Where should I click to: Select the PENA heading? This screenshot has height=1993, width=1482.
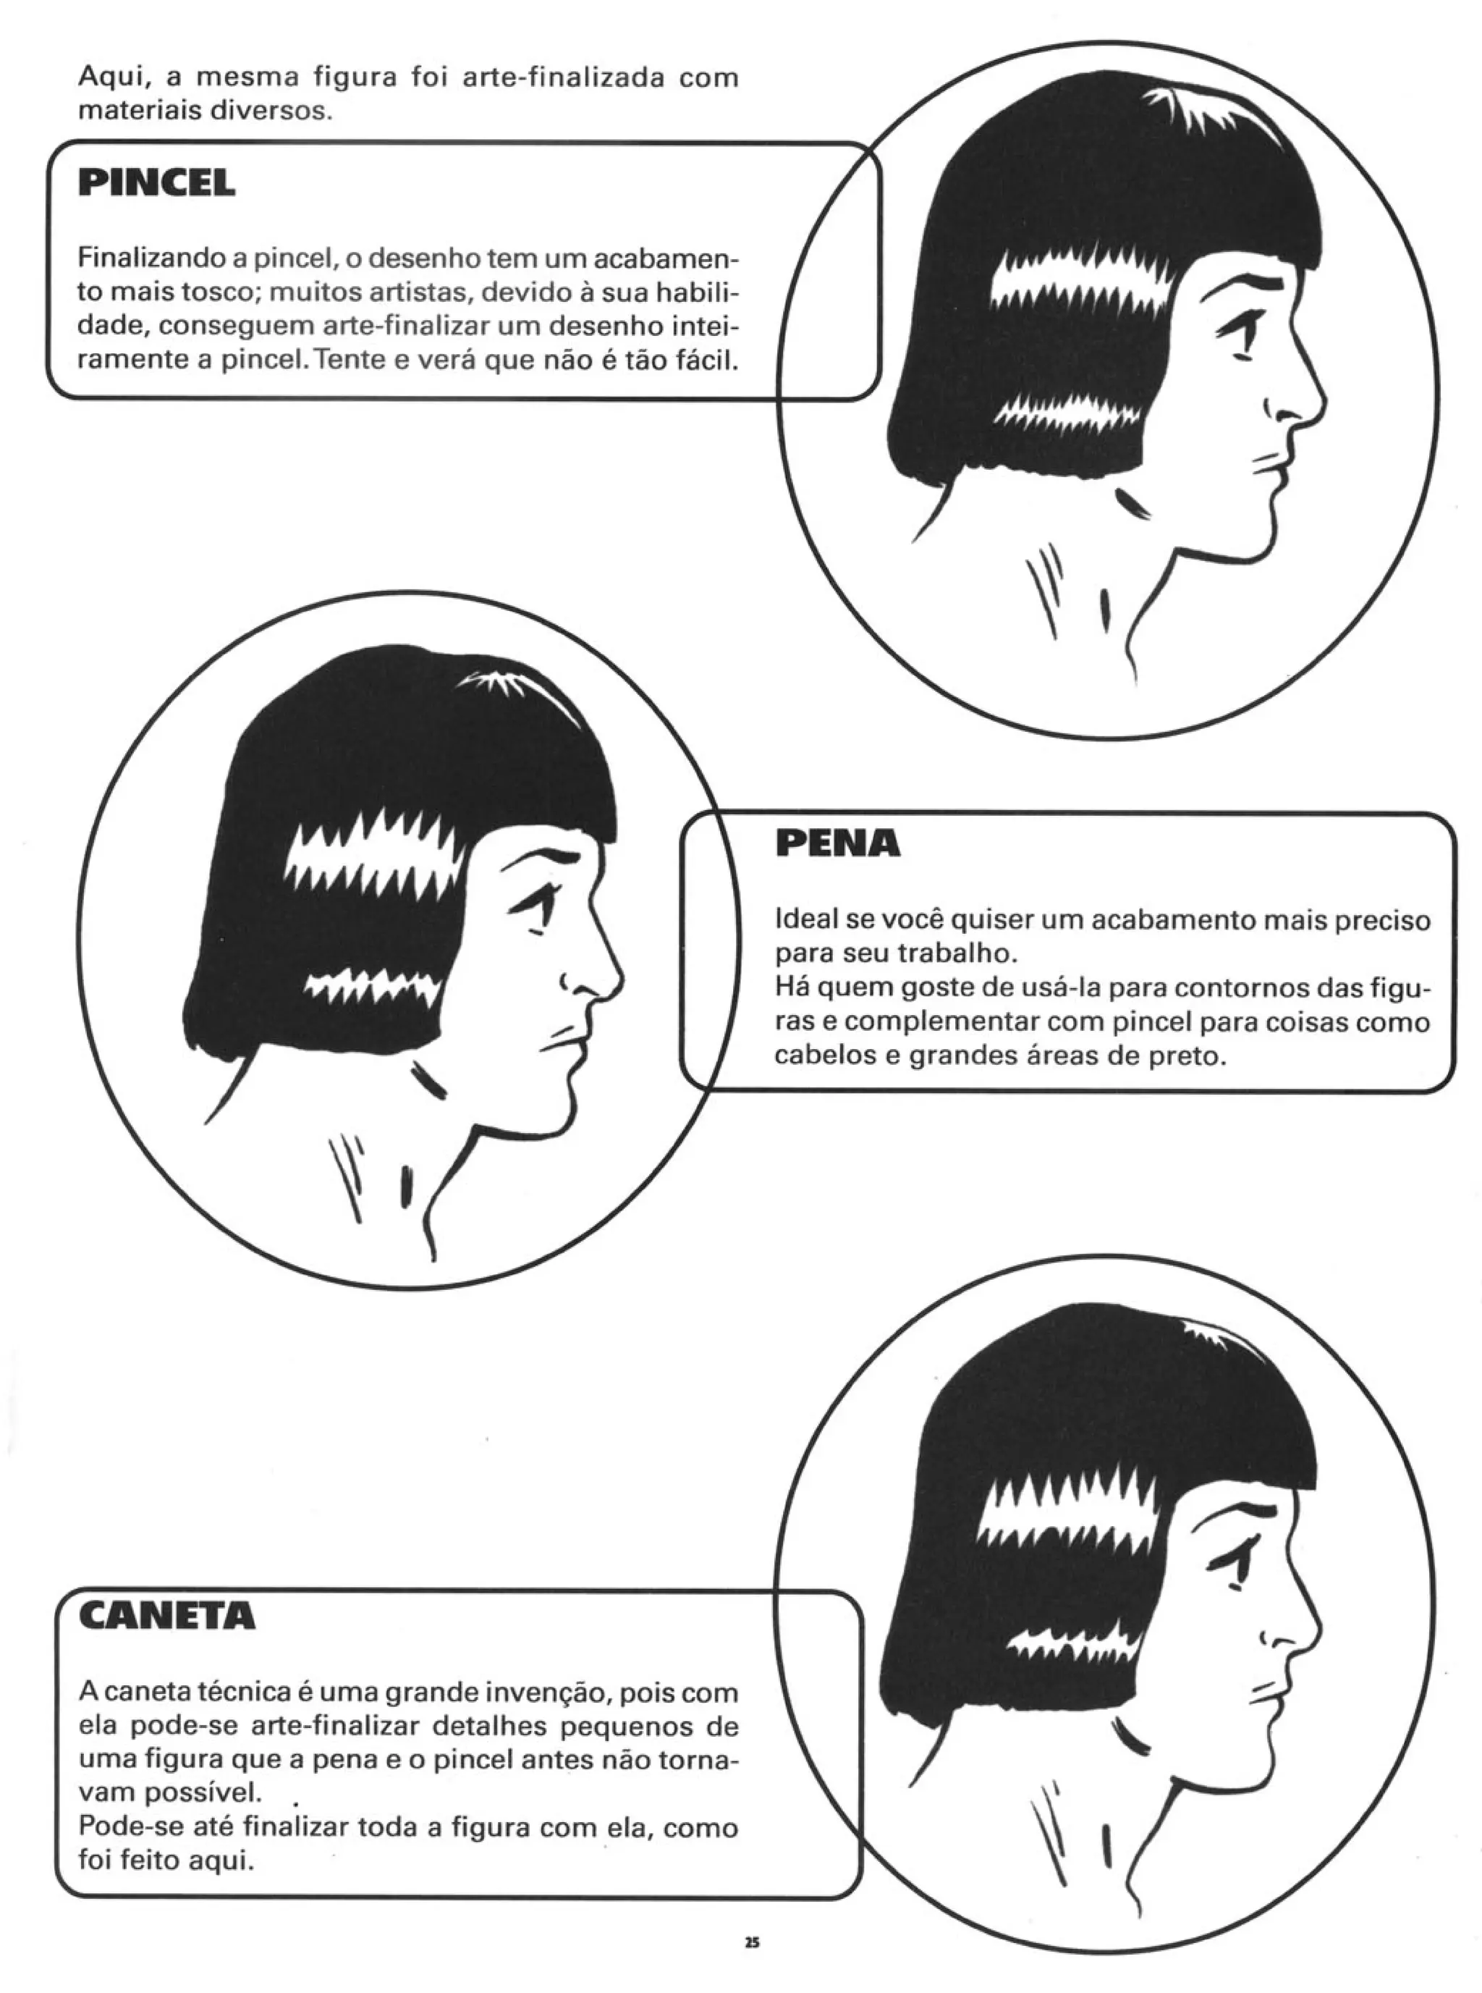(837, 843)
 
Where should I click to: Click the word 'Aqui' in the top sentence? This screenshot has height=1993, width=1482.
(112, 78)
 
